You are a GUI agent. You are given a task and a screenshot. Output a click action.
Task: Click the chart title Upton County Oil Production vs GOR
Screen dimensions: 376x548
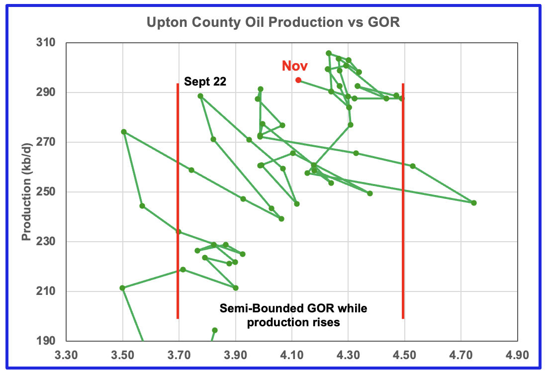pyautogui.click(x=273, y=23)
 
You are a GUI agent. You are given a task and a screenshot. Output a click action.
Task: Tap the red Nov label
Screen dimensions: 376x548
pyautogui.click(x=295, y=66)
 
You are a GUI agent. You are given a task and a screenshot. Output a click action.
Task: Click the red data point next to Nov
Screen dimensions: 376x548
pyautogui.click(x=298, y=80)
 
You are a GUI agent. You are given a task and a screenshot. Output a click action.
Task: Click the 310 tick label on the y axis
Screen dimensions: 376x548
pyautogui.click(x=48, y=43)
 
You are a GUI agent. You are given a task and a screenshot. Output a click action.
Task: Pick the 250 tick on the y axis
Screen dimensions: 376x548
pyautogui.click(x=48, y=192)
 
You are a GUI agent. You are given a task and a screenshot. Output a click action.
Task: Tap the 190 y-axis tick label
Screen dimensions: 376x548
pyautogui.click(x=48, y=341)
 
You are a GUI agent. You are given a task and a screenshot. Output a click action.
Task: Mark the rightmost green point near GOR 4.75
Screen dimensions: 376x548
pyautogui.click(x=474, y=203)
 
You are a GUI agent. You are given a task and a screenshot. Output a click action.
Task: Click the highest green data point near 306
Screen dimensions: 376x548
pyautogui.click(x=329, y=53)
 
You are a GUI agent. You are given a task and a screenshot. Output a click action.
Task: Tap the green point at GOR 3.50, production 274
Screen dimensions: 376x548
pyautogui.click(x=124, y=132)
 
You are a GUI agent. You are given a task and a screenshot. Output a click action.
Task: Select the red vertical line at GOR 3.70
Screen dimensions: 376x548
pyautogui.click(x=178, y=199)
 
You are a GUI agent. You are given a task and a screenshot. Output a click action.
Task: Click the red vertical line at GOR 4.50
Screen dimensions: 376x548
pyautogui.click(x=403, y=199)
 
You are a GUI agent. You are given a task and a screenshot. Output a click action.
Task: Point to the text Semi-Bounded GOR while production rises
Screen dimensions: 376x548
pyautogui.click(x=293, y=315)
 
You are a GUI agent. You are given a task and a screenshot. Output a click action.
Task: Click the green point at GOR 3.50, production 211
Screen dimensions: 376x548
pyautogui.click(x=122, y=288)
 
